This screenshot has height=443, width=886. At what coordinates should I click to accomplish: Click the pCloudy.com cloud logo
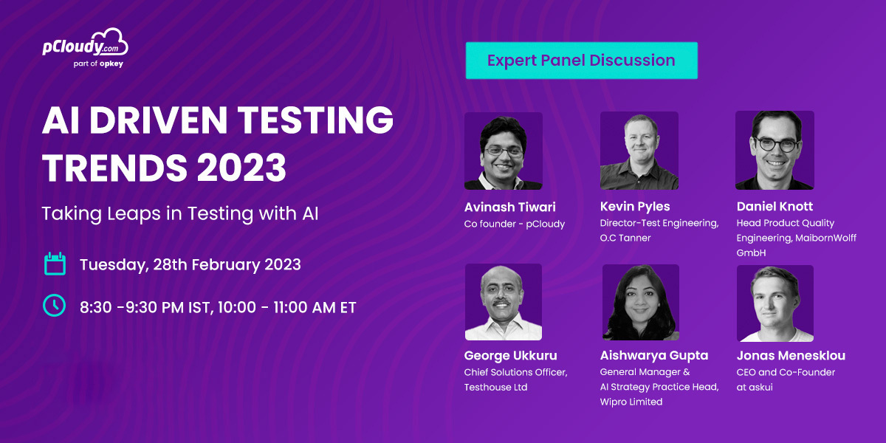(x=85, y=42)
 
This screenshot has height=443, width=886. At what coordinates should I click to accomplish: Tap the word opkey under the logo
(x=111, y=63)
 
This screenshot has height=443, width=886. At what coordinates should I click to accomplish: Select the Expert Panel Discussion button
(x=582, y=61)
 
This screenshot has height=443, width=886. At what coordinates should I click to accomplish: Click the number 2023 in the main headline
(x=241, y=168)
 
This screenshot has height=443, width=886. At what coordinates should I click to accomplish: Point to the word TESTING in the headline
(x=315, y=120)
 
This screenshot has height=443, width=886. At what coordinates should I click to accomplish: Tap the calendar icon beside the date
(x=55, y=264)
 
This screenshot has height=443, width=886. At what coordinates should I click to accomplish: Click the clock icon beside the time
(x=54, y=306)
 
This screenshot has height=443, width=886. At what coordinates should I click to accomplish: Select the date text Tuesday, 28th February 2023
(x=190, y=264)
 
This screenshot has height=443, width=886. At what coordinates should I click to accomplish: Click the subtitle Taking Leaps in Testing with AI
(x=180, y=213)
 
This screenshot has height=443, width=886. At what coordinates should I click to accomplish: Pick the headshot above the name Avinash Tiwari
(x=503, y=151)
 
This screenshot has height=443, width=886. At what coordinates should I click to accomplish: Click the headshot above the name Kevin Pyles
(x=639, y=151)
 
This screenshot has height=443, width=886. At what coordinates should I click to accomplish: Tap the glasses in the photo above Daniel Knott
(x=776, y=145)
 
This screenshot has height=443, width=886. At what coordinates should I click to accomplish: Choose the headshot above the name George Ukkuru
(x=504, y=302)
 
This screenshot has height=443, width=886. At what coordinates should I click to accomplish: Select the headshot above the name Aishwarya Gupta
(x=641, y=302)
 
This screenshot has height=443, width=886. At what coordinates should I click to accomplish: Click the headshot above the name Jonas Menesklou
(x=775, y=303)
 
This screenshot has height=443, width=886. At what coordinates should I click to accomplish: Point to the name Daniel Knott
(x=775, y=207)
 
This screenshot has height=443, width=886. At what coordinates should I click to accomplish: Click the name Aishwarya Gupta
(x=654, y=356)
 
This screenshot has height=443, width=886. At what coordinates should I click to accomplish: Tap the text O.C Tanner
(x=625, y=238)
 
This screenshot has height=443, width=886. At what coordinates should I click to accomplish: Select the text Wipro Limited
(x=631, y=402)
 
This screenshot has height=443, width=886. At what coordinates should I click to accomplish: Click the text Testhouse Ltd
(x=495, y=387)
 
